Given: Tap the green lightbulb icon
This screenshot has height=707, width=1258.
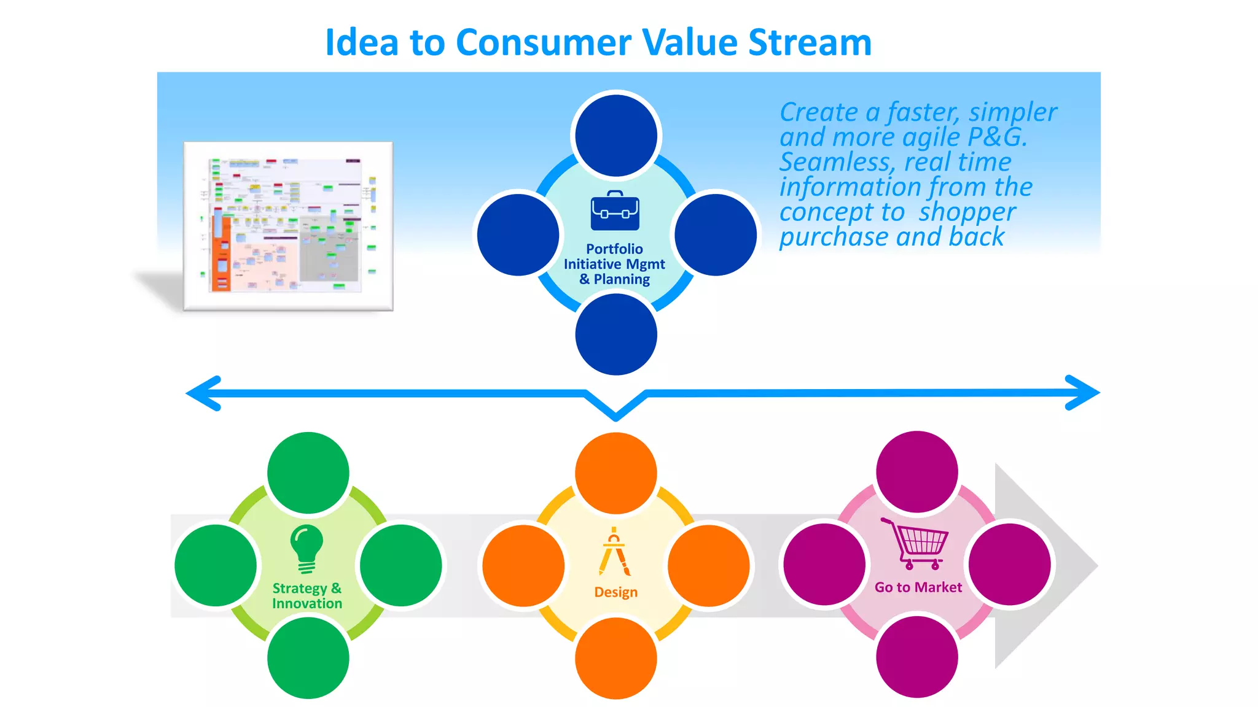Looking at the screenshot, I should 307,548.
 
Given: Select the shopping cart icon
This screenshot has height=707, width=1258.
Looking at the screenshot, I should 915,543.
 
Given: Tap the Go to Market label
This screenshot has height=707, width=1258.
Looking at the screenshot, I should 918,587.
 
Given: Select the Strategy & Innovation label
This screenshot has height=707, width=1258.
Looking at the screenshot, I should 307,595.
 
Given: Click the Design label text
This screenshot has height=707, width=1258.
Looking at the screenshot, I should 615,592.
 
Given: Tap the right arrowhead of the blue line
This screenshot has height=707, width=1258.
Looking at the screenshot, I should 1084,393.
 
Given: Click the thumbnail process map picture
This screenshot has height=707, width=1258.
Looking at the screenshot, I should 288,226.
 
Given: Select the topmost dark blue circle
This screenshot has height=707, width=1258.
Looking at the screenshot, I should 615,136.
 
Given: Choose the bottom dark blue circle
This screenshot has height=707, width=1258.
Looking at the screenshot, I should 615,334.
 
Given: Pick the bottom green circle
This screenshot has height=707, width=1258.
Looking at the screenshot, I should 308,658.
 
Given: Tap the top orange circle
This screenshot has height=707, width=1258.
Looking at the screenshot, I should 615,473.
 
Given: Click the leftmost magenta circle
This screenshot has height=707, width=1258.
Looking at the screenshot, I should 824,564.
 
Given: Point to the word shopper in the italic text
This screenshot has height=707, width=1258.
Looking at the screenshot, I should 967,212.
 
